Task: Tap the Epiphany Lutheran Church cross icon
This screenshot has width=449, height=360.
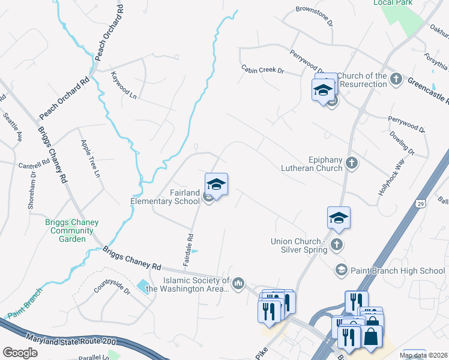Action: tap(352, 163)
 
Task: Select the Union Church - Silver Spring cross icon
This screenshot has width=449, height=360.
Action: tap(337, 244)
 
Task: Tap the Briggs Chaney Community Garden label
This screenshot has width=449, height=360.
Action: tap(72, 229)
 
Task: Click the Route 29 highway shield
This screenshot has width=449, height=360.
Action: tap(423, 205)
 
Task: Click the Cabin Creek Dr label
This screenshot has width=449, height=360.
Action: tap(262, 70)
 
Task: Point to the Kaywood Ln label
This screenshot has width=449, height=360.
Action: tap(124, 85)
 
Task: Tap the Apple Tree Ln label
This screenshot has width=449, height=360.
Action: tap(90, 158)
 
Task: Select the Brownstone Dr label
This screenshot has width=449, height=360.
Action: tap(314, 14)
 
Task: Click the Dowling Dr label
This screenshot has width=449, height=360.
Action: tap(401, 144)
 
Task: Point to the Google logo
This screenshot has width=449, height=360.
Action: tap(20, 353)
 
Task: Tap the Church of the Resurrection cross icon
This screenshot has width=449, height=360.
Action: tap(396, 79)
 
